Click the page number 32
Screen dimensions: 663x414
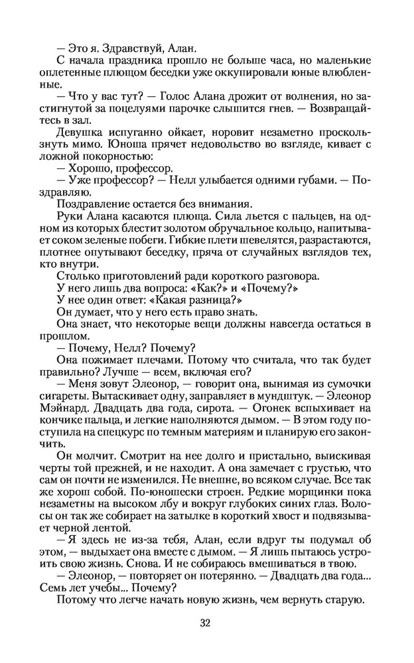pyautogui.click(x=206, y=622)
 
